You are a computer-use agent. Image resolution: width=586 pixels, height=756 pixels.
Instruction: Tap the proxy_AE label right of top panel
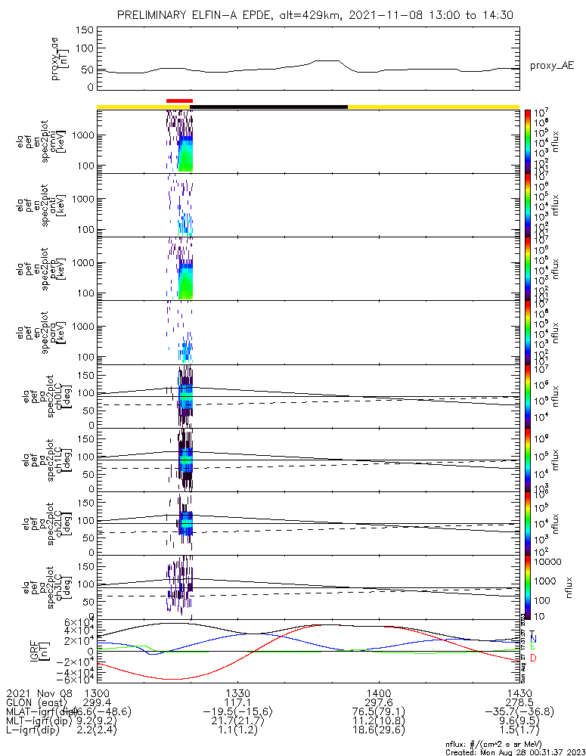(552, 66)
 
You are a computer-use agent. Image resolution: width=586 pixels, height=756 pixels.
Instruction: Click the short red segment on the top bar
(179, 101)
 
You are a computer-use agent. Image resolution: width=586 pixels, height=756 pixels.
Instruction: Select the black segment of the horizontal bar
(270, 107)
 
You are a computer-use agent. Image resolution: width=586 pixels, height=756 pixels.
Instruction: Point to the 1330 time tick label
(237, 692)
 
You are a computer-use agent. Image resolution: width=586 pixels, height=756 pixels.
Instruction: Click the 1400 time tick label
(378, 692)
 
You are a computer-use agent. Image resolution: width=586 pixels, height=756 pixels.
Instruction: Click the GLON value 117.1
(237, 702)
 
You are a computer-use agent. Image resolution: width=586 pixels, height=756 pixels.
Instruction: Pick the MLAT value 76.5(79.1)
(378, 712)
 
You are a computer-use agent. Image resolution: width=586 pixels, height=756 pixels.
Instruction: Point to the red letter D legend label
(532, 658)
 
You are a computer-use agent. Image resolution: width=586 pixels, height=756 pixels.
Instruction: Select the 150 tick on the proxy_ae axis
(85, 30)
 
